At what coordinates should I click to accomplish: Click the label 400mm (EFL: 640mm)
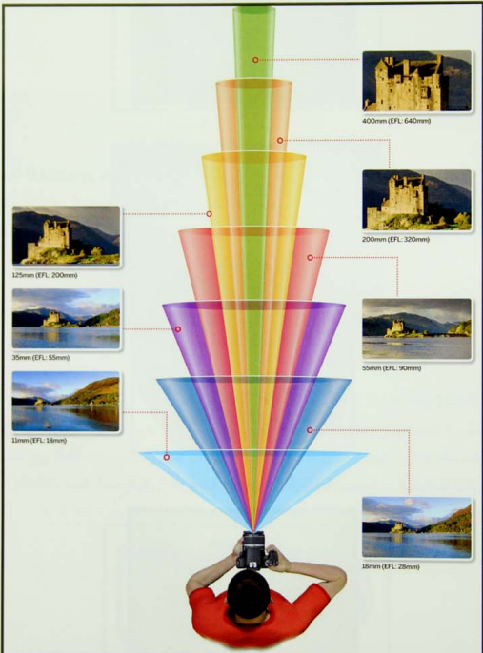pos(396,121)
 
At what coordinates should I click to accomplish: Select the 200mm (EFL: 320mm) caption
pos(395,240)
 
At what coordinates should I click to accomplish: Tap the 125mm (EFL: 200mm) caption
pos(45,275)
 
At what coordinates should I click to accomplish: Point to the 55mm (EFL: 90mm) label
pos(392,368)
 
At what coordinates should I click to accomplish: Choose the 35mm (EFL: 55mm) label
pos(41,358)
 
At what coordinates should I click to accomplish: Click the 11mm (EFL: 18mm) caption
pos(39,440)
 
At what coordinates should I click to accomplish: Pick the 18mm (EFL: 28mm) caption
pos(391,566)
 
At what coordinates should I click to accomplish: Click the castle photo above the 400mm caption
pos(416,81)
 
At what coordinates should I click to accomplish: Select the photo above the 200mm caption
pos(416,200)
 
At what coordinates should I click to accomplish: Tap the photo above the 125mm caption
pos(67,235)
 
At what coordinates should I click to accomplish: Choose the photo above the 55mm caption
pos(416,328)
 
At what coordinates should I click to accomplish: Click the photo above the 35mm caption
pos(67,319)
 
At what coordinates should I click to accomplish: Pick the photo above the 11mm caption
pos(66,402)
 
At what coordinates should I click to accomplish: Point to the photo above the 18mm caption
pos(416,527)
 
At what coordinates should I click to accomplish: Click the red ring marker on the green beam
pos(255,60)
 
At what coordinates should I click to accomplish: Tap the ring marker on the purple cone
pos(178,329)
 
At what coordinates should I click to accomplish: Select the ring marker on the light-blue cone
pos(167,457)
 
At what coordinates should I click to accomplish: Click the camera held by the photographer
pos(255,550)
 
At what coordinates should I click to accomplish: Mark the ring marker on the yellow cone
pos(210,214)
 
